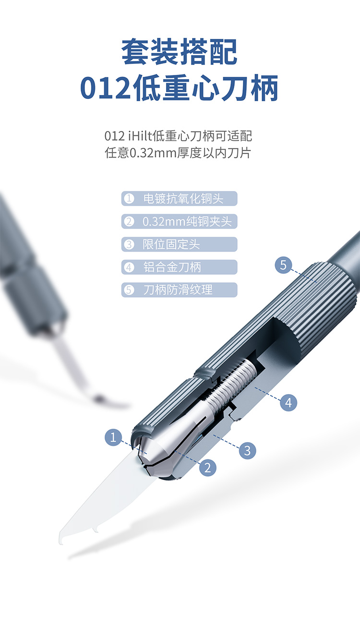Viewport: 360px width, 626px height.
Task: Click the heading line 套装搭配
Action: (x=180, y=52)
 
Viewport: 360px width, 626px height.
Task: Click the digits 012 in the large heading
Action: (x=106, y=88)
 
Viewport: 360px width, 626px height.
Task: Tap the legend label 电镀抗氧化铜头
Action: (x=183, y=199)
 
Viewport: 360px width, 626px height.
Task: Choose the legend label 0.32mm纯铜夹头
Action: (x=187, y=222)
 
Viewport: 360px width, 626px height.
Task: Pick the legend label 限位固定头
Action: (x=171, y=244)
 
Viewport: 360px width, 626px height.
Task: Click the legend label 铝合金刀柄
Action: (x=172, y=267)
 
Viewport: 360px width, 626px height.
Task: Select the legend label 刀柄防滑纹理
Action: (x=178, y=290)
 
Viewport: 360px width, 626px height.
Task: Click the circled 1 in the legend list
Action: (x=129, y=199)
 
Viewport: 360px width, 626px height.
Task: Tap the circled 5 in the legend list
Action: (x=129, y=290)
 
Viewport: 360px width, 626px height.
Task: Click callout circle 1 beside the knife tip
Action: (x=113, y=437)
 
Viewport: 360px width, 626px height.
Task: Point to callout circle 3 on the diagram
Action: (x=247, y=451)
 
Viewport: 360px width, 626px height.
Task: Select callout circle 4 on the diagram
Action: (x=288, y=403)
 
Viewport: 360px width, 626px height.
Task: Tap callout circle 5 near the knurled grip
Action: (x=283, y=265)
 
